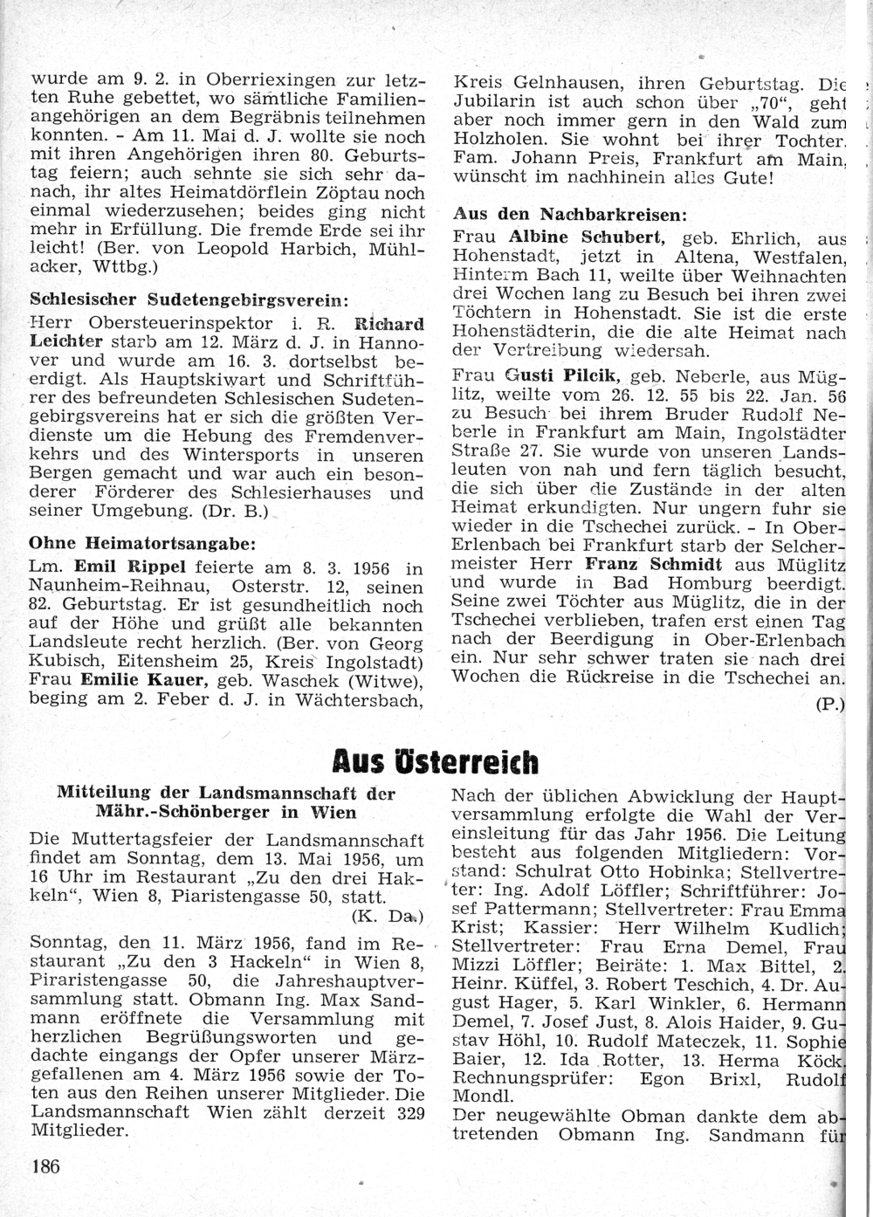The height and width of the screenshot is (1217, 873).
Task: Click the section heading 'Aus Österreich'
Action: [436, 761]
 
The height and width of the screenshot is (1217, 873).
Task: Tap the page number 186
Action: [45, 1165]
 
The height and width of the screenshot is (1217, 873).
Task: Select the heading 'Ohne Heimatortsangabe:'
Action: [142, 543]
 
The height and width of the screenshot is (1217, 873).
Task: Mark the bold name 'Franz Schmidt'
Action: [653, 564]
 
